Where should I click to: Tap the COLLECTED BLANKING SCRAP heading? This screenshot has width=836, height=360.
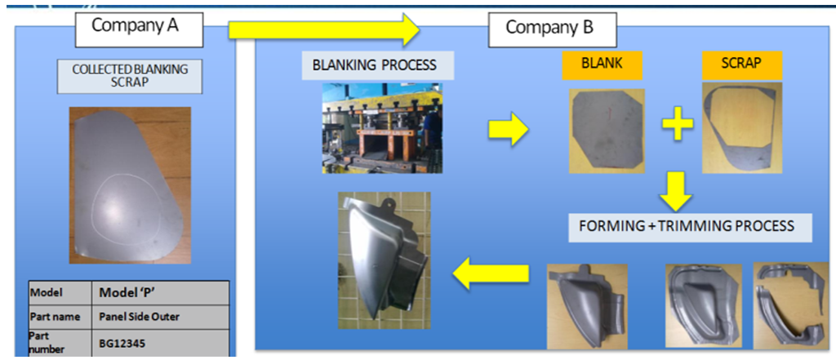coord(130,76)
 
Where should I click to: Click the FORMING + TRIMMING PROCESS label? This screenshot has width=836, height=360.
coord(691,225)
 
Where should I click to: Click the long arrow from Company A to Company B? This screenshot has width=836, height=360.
coord(323,29)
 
